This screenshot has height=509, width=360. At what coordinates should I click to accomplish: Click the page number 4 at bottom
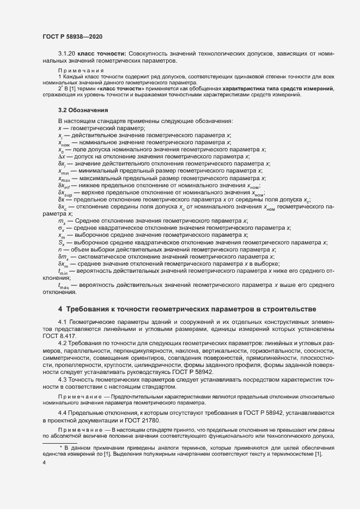pos(44,463)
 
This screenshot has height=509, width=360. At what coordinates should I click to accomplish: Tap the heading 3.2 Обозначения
pos(83,110)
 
